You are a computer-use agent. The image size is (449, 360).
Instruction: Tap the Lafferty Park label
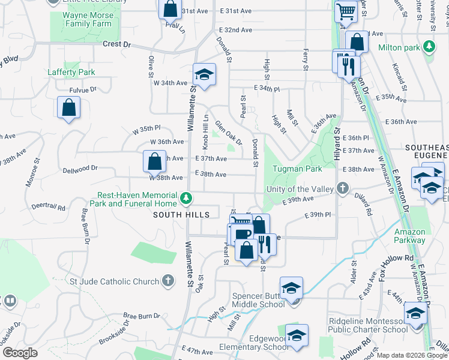tap(71, 73)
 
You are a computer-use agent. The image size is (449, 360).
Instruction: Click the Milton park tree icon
tap(429, 47)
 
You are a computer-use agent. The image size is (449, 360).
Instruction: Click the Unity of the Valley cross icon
tap(342, 189)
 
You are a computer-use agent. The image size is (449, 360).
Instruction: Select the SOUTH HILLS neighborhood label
tap(181, 215)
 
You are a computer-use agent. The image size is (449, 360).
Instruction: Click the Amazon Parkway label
tap(411, 236)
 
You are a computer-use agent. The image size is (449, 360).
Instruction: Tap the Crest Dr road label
tap(116, 44)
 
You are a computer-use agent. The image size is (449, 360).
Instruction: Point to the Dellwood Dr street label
tap(80, 169)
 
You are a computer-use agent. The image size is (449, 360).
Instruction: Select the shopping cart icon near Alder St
tap(345, 12)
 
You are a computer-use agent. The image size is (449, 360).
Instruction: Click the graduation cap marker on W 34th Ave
tap(204, 75)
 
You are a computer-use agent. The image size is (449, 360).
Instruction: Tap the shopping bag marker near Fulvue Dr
tap(68, 109)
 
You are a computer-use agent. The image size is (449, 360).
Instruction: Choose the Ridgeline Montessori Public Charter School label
tap(368, 325)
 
